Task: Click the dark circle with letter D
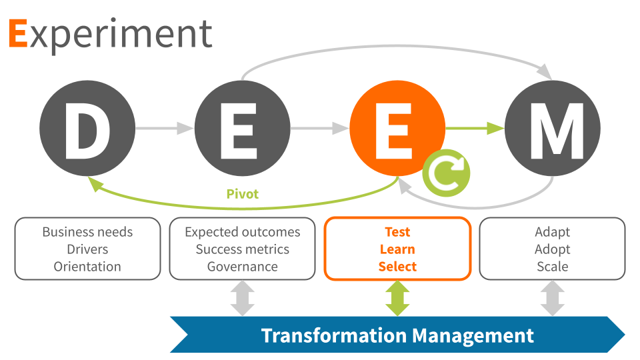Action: [x=87, y=129]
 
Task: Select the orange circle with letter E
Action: [x=397, y=129]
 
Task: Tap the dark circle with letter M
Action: [x=553, y=129]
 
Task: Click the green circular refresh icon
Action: [x=446, y=173]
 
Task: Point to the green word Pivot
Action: [x=242, y=194]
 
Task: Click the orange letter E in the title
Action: [x=18, y=34]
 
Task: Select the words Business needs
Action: [x=87, y=232]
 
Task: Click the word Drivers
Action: [x=87, y=249]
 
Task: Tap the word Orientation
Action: [x=87, y=267]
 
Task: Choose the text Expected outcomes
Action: [x=243, y=232]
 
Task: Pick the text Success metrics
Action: [x=243, y=249]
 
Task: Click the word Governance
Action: [x=243, y=267]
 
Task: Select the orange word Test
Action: [x=397, y=232]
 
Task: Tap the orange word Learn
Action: [x=397, y=249]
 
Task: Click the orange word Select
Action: [x=397, y=267]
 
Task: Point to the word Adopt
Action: [x=553, y=249]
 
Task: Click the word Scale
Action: [x=553, y=267]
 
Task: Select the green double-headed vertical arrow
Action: [x=397, y=298]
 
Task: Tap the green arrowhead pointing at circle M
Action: [x=495, y=128]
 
